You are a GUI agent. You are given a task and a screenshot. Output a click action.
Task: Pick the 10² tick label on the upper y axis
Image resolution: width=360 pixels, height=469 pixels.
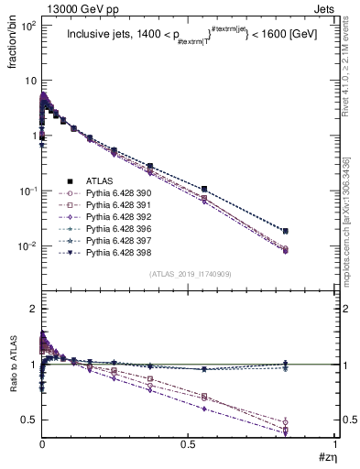(x=27, y=25)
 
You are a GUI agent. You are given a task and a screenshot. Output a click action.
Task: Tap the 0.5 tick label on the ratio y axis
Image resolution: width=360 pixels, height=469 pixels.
(x=27, y=420)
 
